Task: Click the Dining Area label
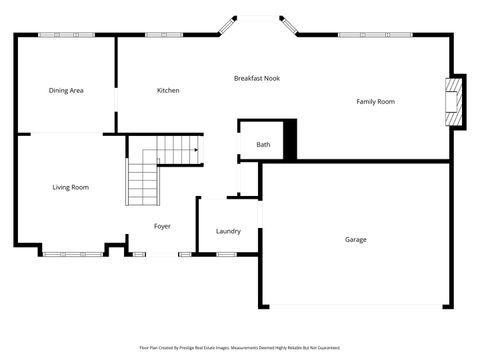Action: (x=66, y=91)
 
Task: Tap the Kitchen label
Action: (x=168, y=91)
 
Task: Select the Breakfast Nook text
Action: (x=257, y=78)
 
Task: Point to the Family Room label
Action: (x=376, y=101)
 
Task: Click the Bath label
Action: (x=263, y=145)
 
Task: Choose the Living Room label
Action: (x=71, y=187)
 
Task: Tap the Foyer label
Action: (x=162, y=226)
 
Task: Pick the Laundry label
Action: (x=228, y=231)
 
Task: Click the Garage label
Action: (x=356, y=239)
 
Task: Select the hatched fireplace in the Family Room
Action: (x=455, y=102)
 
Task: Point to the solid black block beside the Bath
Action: (x=291, y=139)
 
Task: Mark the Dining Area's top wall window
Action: (x=66, y=35)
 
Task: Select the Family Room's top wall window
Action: (x=375, y=35)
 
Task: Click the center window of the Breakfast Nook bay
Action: (x=257, y=16)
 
